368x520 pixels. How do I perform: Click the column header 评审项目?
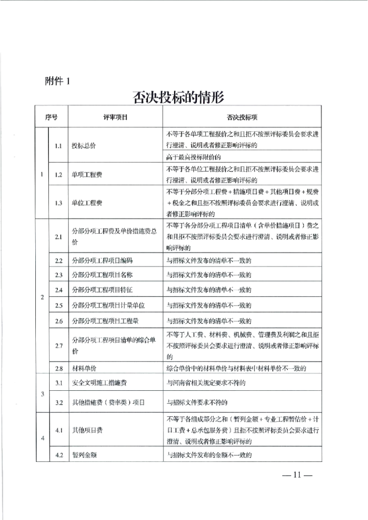(115, 118)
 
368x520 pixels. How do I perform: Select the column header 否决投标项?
(242, 118)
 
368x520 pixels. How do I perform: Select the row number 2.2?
(59, 261)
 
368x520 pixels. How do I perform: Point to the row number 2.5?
(59, 305)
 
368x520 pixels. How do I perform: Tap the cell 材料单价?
(83, 369)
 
